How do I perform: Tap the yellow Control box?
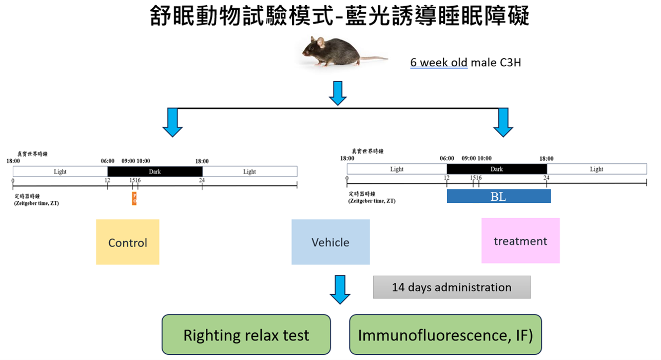[x=127, y=242]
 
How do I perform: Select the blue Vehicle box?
[x=330, y=242]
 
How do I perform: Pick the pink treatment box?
[x=520, y=241]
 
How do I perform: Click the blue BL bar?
[x=498, y=196]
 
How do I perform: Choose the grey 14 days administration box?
[x=452, y=287]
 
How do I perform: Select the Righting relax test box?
[x=246, y=335]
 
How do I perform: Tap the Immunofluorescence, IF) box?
[x=445, y=335]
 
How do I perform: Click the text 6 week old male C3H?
[x=465, y=63]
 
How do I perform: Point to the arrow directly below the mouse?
[x=337, y=93]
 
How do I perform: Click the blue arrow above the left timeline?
[x=172, y=122]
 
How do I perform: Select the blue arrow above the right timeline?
[x=503, y=122]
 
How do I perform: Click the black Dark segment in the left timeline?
[x=154, y=172]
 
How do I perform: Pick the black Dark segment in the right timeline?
[x=496, y=169]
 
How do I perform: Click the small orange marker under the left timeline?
[x=134, y=199]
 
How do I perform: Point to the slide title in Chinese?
[x=339, y=16]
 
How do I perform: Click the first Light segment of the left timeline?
[x=60, y=172]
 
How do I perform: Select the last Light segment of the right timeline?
[x=596, y=169]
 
